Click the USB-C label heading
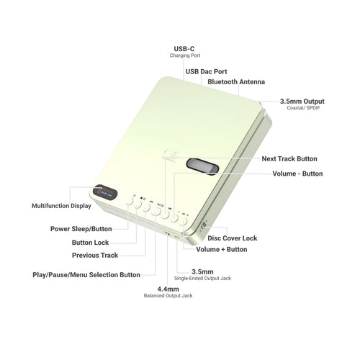184,49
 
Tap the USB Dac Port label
206,71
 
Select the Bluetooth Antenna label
236,82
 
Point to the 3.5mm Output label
302,102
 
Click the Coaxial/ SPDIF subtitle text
303,108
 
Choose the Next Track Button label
289,158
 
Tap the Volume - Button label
297,174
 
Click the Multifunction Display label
61,206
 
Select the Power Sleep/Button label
81,229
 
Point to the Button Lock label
90,243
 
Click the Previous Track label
95,255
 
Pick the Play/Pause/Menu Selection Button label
86,275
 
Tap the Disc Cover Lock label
233,238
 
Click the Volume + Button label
222,249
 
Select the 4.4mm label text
168,289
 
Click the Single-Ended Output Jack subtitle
202,279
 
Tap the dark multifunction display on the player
105,192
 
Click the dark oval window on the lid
202,166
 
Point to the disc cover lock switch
203,225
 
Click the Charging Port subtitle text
185,55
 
